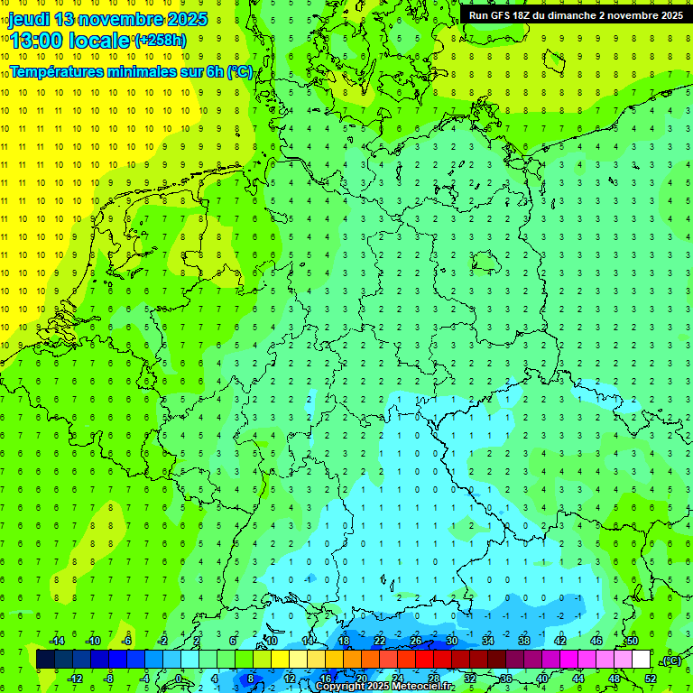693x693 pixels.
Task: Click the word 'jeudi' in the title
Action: coord(29,19)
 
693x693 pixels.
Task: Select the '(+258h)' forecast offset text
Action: coord(161,41)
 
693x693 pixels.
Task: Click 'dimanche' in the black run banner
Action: coord(570,14)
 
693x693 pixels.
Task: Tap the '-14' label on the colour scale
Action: coord(56,641)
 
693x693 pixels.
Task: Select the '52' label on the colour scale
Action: coord(651,679)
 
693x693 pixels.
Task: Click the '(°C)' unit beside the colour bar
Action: coord(670,661)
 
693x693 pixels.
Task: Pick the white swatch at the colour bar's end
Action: coord(641,660)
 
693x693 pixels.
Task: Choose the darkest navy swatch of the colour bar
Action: coord(45,660)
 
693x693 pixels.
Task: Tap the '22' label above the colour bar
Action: coord(380,641)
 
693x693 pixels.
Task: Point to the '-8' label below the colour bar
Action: coord(109,679)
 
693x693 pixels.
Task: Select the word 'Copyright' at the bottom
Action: coord(339,687)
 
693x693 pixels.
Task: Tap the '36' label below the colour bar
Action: coord(505,679)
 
